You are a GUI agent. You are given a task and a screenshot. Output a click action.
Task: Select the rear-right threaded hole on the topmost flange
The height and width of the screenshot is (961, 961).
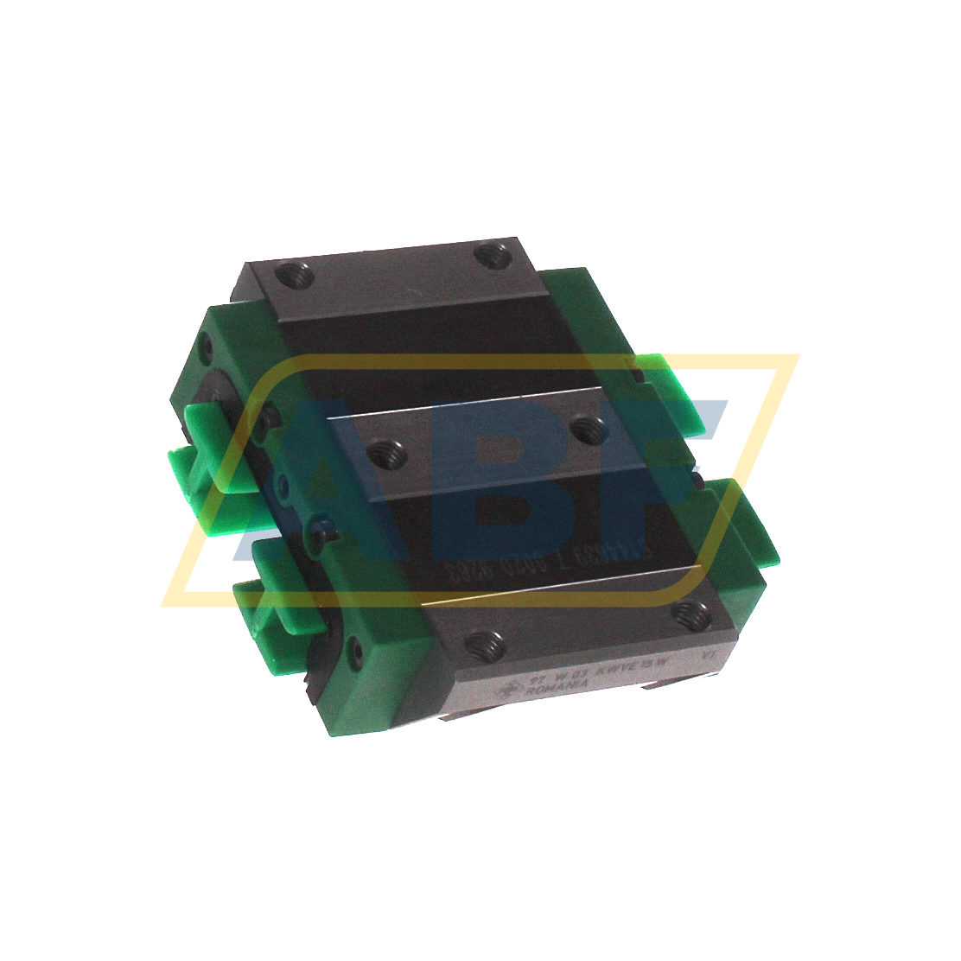493,256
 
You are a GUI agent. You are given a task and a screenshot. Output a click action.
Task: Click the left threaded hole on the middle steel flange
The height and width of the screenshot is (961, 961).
381,451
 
